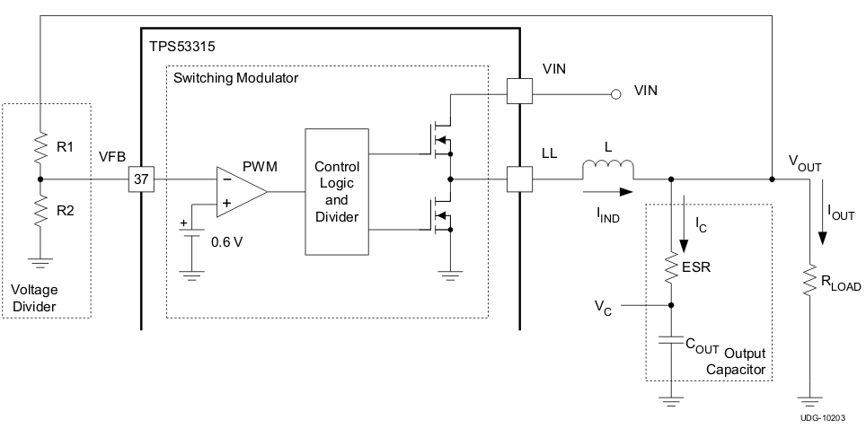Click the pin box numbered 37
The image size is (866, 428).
[141, 179]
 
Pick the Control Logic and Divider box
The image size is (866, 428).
[337, 192]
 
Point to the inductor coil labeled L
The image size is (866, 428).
[608, 170]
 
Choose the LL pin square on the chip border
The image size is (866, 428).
[519, 179]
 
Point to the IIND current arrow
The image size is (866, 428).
[606, 191]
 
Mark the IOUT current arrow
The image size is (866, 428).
[821, 224]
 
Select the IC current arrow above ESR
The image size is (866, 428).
[686, 224]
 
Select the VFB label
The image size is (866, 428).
[113, 157]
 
